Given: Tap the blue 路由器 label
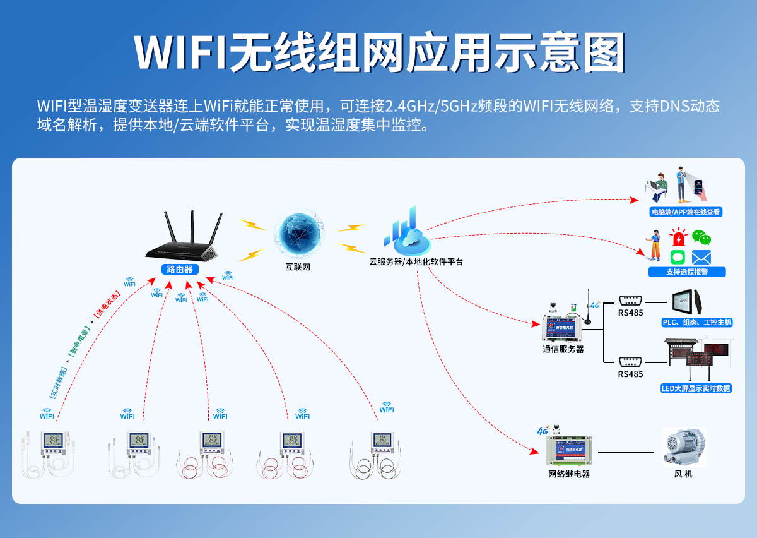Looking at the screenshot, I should pyautogui.click(x=180, y=269).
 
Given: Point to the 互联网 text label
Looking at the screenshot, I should pyautogui.click(x=298, y=267).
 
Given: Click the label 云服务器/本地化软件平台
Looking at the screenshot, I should pyautogui.click(x=416, y=261).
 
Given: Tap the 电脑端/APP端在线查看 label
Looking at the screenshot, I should pyautogui.click(x=686, y=212).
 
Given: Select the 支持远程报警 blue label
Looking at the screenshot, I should pyautogui.click(x=686, y=272).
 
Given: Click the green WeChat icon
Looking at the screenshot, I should pyautogui.click(x=701, y=237).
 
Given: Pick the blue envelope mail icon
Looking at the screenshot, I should pyautogui.click(x=701, y=257).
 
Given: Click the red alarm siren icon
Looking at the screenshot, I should pyautogui.click(x=678, y=239).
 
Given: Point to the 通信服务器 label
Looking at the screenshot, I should pyautogui.click(x=563, y=349).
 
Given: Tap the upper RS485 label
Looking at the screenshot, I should pyautogui.click(x=630, y=313).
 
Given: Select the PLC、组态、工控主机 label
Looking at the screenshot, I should pyautogui.click(x=696, y=323).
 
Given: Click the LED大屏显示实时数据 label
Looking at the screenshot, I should pyautogui.click(x=696, y=388).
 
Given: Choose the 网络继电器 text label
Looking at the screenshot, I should pyautogui.click(x=569, y=474).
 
